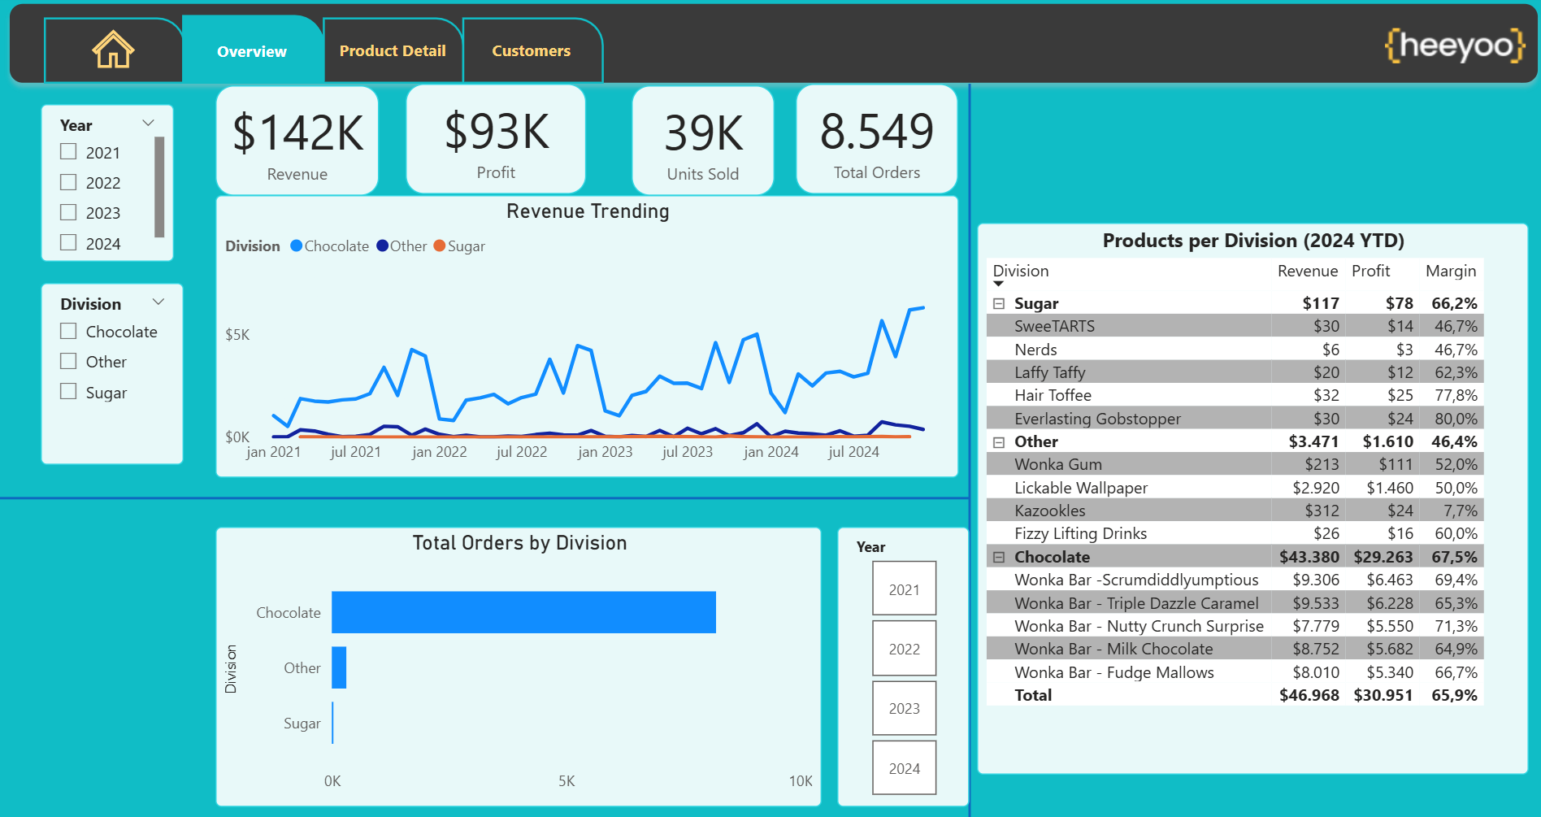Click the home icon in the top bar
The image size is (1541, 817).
pyautogui.click(x=113, y=50)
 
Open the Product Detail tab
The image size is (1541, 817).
pyautogui.click(x=393, y=50)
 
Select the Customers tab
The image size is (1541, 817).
pyautogui.click(x=532, y=50)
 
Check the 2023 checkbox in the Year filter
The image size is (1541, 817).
pyautogui.click(x=68, y=212)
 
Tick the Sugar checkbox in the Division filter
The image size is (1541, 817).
pyautogui.click(x=68, y=392)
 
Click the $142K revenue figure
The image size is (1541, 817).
pyautogui.click(x=297, y=133)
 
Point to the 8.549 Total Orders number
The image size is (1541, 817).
pyautogui.click(x=877, y=132)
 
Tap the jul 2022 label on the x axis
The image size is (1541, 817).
pyautogui.click(x=522, y=452)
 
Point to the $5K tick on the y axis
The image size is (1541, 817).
pyautogui.click(x=237, y=335)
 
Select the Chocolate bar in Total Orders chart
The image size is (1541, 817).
pyautogui.click(x=523, y=612)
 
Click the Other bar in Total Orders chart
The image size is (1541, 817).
pyautogui.click(x=339, y=667)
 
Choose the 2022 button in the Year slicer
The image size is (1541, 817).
pyautogui.click(x=904, y=649)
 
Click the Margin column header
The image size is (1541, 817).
pyautogui.click(x=1451, y=272)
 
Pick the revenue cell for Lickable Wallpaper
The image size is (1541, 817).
pyautogui.click(x=1316, y=488)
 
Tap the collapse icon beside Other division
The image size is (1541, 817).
pyautogui.click(x=999, y=442)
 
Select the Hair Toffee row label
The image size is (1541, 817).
pyautogui.click(x=1053, y=396)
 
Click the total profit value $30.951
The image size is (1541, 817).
pyautogui.click(x=1383, y=696)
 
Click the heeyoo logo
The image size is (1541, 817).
pyautogui.click(x=1455, y=46)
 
